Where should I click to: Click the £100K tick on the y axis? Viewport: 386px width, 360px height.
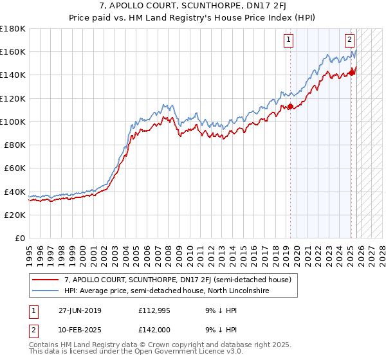[13, 122]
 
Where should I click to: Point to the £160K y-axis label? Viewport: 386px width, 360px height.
[13, 51]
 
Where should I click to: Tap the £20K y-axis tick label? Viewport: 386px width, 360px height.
[15, 215]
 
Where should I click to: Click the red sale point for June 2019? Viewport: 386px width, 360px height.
[290, 107]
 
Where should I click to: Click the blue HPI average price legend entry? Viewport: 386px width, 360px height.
[167, 291]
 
